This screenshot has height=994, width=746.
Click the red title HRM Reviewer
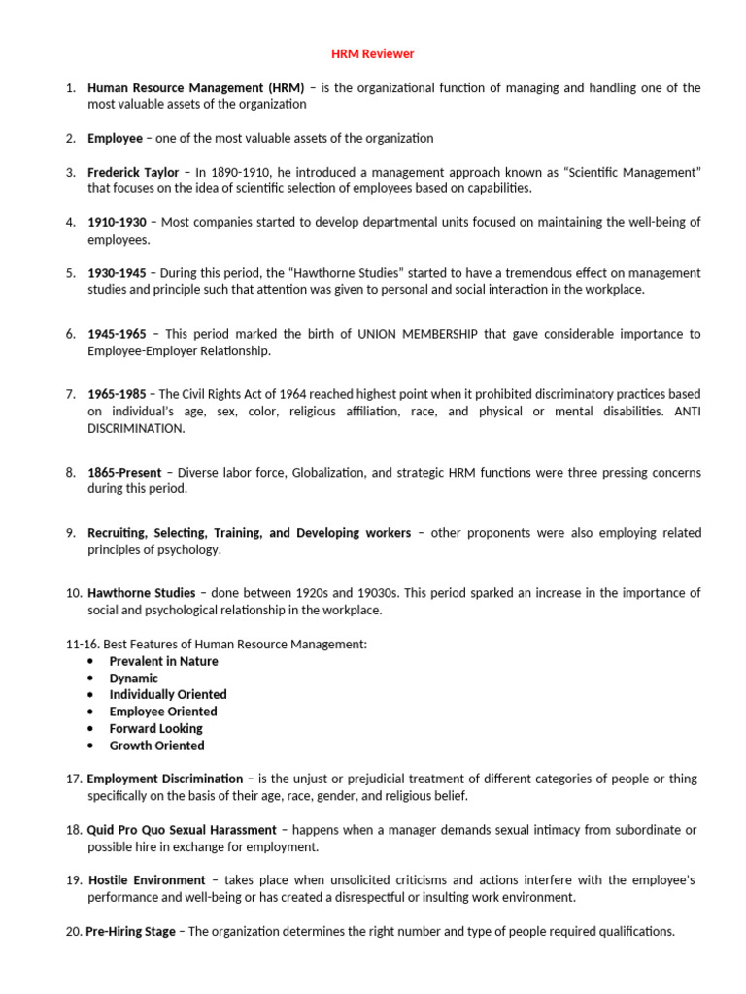pos(374,53)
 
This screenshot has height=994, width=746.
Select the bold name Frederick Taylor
pos(133,172)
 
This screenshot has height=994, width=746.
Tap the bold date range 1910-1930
pos(117,222)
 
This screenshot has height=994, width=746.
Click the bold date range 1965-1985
pos(117,394)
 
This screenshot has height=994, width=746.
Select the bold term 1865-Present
pos(124,473)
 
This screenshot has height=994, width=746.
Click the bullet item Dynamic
pos(133,679)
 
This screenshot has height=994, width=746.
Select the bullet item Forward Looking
pos(155,728)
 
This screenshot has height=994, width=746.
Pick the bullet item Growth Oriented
pos(156,745)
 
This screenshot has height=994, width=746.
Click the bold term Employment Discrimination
pos(165,779)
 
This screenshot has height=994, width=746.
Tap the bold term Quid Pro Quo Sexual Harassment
pos(182,829)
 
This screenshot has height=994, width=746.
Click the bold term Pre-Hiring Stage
pos(130,931)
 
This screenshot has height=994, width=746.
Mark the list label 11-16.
pos(80,644)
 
